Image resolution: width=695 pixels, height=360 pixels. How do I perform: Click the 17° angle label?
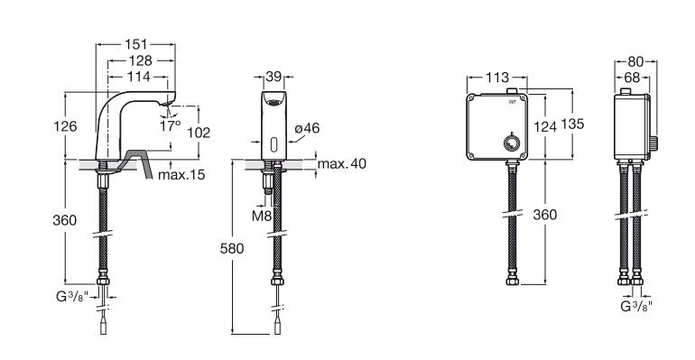pyautogui.click(x=170, y=126)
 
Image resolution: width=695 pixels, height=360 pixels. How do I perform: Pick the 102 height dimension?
pyautogui.click(x=198, y=132)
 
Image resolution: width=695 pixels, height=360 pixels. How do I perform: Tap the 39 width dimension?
pyautogui.click(x=273, y=78)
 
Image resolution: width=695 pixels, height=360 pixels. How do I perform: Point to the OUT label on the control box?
pyautogui.click(x=513, y=102)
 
